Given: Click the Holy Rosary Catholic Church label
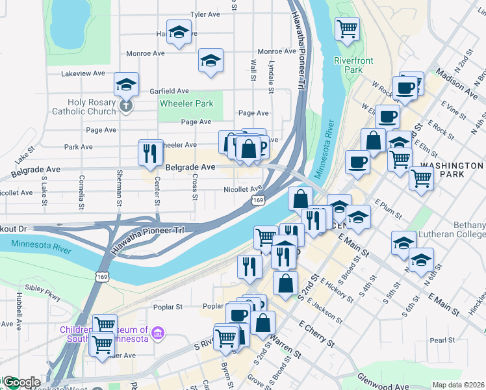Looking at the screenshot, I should coord(92,107).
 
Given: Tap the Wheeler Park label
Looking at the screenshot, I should coord(186,103).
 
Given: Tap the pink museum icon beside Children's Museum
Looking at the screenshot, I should coord(156,334).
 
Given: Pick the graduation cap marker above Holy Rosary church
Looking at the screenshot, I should coord(127,84).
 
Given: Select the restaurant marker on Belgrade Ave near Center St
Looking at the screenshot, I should coord(150,153).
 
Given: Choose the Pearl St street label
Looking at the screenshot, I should coord(441,340).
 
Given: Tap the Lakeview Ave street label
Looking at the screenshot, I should coord(83,73).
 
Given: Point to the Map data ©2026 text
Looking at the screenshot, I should coord(457,385).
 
